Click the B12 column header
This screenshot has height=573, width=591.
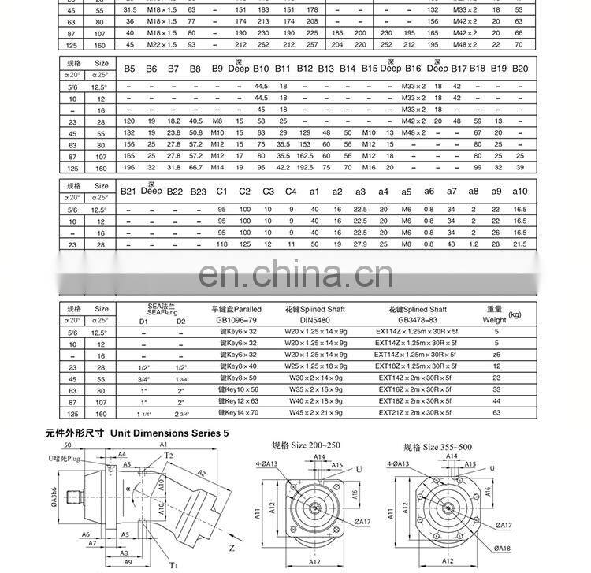306,69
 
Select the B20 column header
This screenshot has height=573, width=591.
520,69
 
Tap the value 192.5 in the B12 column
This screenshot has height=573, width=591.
306,167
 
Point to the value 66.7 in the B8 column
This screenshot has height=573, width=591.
196,167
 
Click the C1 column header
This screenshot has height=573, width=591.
221,192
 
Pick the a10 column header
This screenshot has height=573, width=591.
519,192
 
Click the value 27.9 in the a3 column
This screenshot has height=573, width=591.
360,244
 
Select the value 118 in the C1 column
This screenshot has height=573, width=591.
221,244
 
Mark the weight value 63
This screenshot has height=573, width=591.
496,412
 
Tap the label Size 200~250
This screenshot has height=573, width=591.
307,446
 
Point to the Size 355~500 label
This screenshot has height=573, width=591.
438,447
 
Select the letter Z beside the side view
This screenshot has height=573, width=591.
232,545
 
